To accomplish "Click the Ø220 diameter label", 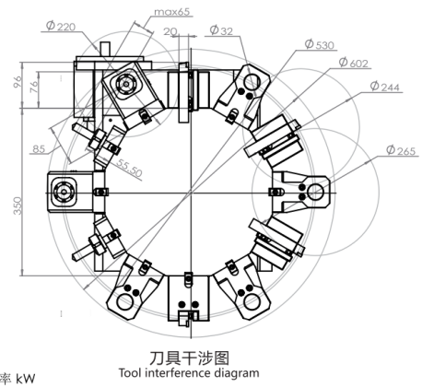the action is coord(61,26).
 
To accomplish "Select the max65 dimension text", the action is coord(172,12).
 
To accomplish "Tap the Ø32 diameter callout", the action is coord(221,30).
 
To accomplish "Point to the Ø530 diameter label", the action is coord(319,44).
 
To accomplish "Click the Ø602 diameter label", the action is coord(353,63).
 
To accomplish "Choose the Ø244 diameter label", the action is coord(385,87).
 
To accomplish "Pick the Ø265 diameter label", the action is coord(401,150).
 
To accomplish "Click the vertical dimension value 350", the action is coord(18,205).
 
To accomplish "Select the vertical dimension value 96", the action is coord(18,81).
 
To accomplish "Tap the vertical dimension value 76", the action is coord(34,87).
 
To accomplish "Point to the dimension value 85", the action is coord(39,149).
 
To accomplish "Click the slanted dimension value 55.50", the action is coord(129,169).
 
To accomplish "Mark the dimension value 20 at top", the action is coord(170,31).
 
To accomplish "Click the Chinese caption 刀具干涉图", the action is coord(190,358).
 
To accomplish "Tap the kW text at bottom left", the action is coord(26,379).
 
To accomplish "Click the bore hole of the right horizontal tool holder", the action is coord(315,193).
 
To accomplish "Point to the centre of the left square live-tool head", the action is coord(64,193).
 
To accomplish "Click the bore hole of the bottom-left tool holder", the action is coord(125,301).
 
